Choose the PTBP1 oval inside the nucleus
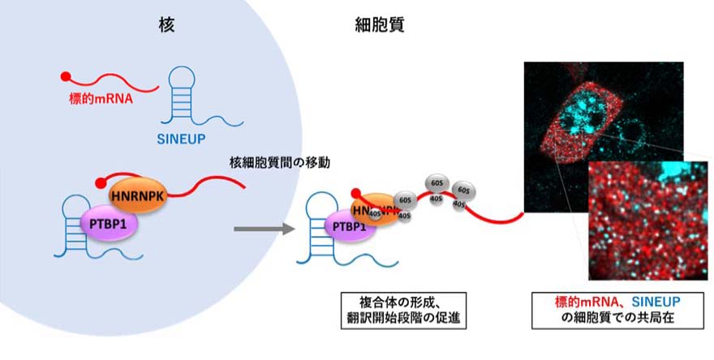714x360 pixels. coord(108,221)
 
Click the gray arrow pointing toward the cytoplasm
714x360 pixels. coord(262,229)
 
